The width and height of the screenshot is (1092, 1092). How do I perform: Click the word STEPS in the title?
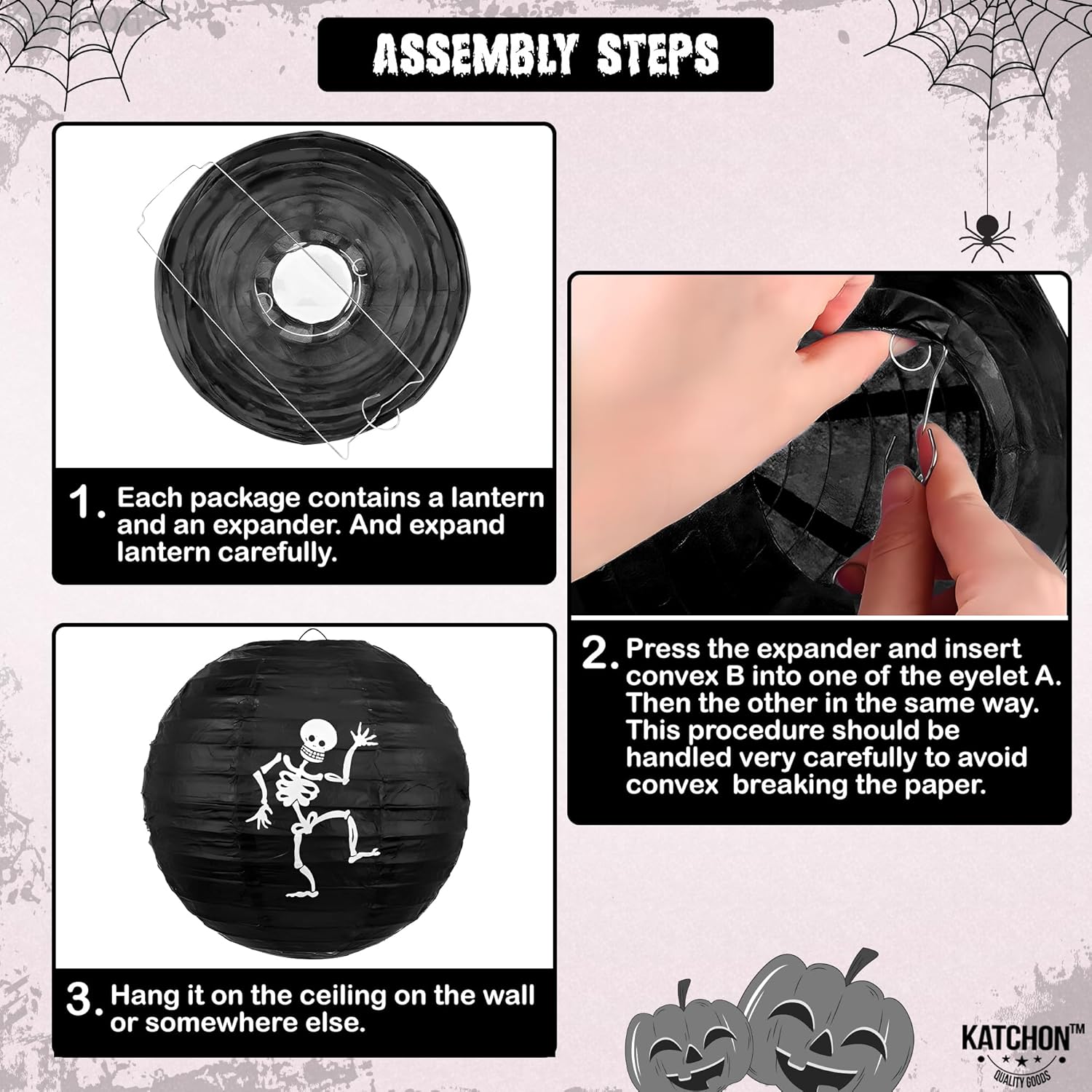click(658, 55)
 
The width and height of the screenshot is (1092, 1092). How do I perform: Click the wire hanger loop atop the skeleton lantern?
click(312, 635)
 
